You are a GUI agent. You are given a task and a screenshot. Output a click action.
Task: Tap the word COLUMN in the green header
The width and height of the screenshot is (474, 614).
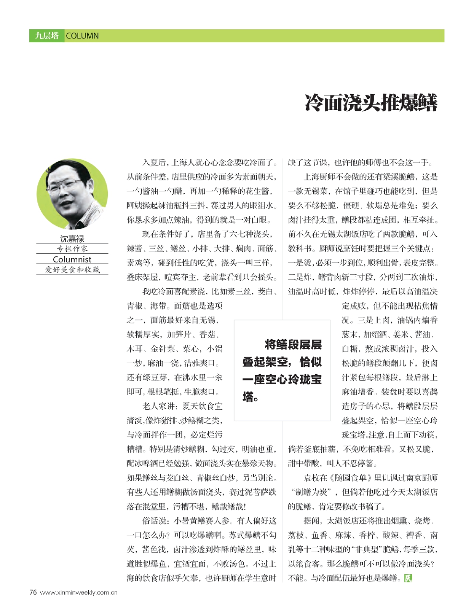82,36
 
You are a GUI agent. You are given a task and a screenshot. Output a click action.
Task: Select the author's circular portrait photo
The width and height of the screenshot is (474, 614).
72,194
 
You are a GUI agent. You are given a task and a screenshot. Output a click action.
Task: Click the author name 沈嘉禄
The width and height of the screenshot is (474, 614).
72,238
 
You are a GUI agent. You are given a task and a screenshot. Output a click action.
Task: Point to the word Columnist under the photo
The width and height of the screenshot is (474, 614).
72,260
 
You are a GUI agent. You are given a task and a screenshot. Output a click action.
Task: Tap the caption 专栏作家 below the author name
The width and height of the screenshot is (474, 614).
72,249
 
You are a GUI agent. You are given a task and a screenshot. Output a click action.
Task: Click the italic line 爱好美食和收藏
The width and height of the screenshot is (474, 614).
72,270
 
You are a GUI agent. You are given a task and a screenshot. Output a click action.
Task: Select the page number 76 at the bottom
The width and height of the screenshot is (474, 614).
33,592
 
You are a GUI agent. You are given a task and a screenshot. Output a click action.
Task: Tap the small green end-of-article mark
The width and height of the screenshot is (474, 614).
408,578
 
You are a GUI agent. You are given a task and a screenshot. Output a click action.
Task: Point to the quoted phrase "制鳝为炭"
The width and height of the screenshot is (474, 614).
310,492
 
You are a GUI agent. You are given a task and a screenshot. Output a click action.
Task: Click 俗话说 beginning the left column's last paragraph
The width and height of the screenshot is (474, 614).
154,521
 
